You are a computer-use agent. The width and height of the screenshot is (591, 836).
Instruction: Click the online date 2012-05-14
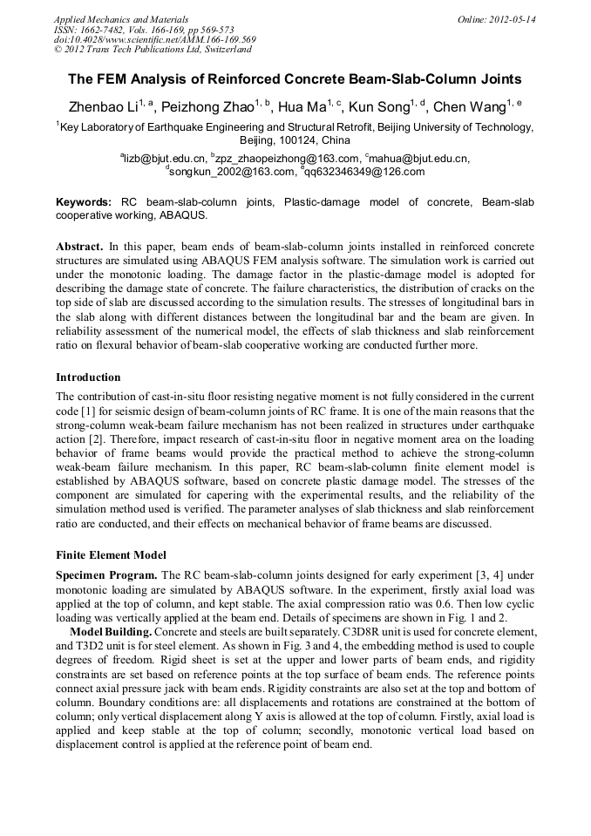tap(515, 18)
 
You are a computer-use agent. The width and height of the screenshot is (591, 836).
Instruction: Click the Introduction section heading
tap(88, 377)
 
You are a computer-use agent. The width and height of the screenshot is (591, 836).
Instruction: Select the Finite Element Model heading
tap(111, 555)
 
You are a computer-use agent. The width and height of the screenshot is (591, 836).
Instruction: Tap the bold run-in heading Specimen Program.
tap(106, 575)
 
